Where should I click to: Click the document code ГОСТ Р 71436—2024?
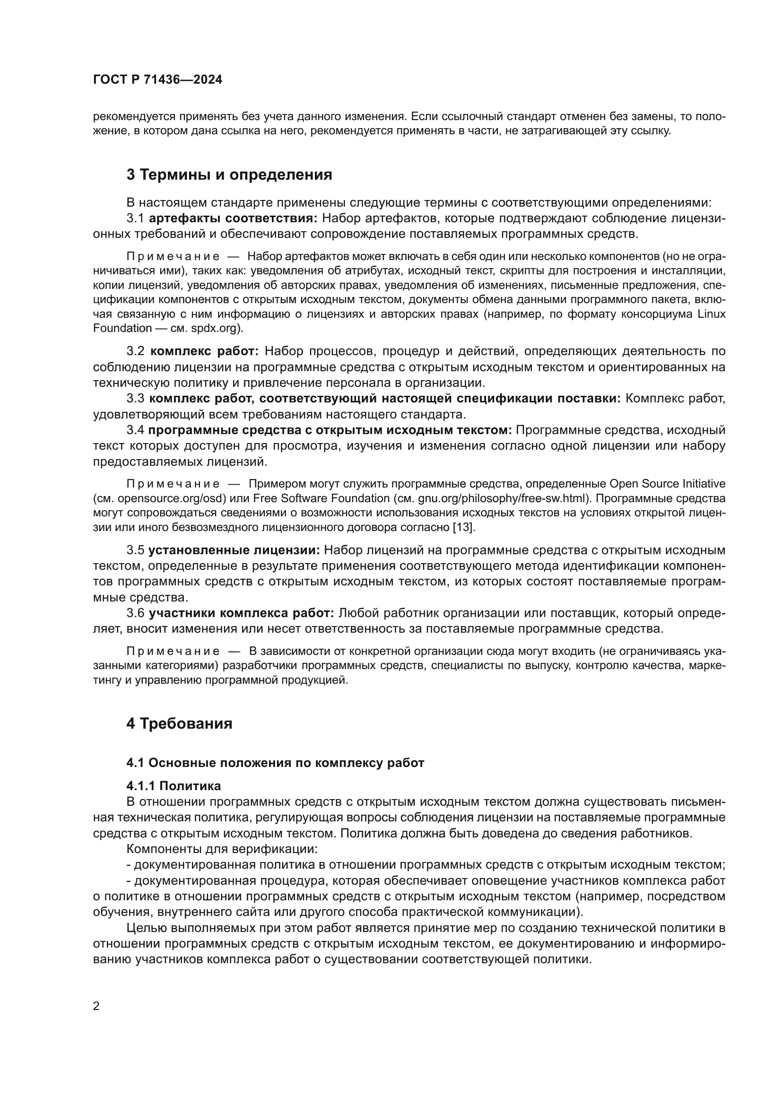[157, 80]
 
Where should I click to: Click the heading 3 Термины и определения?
[229, 174]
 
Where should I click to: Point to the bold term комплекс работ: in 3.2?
[205, 351]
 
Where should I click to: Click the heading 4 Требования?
[179, 723]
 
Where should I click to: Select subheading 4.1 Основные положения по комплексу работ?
[275, 763]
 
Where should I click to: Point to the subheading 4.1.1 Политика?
[174, 786]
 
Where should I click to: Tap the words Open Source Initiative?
[668, 484]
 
